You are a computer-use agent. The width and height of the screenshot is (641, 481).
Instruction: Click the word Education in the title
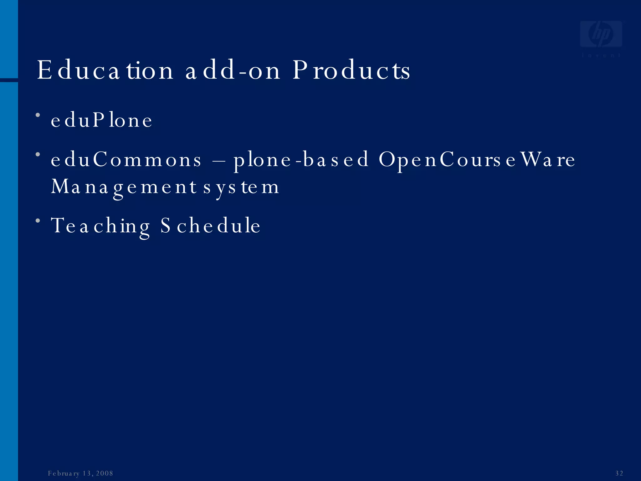coord(105,70)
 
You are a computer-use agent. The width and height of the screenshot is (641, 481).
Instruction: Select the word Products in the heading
coord(351,70)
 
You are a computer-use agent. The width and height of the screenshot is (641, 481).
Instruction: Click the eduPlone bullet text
coord(101,120)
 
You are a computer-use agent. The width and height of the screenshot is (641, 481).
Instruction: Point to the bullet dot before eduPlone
coord(38,115)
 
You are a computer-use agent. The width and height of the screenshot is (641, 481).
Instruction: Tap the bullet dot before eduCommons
coord(38,154)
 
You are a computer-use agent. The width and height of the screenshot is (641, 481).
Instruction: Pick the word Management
coord(124,187)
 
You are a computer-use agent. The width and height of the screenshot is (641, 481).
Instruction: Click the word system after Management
coord(241,187)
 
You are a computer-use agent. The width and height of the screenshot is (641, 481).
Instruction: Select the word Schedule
coord(210,225)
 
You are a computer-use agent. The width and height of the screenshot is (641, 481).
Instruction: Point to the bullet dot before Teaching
coord(38,221)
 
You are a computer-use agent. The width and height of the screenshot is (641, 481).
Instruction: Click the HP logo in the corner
coord(601,34)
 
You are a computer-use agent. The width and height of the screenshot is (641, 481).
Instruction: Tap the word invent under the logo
coord(601,55)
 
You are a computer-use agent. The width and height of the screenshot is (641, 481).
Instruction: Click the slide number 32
coord(619,473)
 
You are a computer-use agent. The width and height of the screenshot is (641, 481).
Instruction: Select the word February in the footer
coord(64,473)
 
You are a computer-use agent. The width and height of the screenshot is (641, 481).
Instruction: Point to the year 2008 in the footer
coord(105,473)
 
